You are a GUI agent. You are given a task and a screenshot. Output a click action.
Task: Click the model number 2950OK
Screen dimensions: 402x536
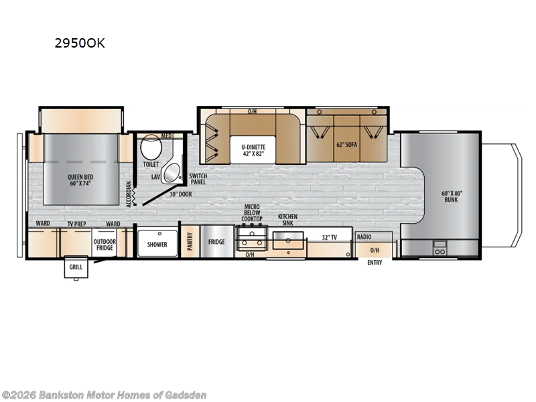pos(79,44)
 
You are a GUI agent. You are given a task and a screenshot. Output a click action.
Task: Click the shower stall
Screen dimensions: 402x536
pos(157,245)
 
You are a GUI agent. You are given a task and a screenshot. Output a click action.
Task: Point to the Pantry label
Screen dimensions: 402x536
pos(190,241)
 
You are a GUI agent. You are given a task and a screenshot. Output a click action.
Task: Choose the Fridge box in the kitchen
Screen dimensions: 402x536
pos(216,242)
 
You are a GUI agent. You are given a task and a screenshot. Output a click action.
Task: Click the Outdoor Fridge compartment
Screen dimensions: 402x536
pos(105,244)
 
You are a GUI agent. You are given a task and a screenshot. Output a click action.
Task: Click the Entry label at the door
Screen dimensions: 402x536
pos(375,262)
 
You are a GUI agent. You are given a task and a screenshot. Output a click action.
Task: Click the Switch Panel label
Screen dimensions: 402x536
pos(198,179)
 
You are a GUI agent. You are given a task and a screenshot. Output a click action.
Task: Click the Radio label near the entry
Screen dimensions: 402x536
pos(364,237)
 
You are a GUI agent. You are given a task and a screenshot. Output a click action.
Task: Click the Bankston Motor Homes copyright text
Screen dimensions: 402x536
pos(104,395)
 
